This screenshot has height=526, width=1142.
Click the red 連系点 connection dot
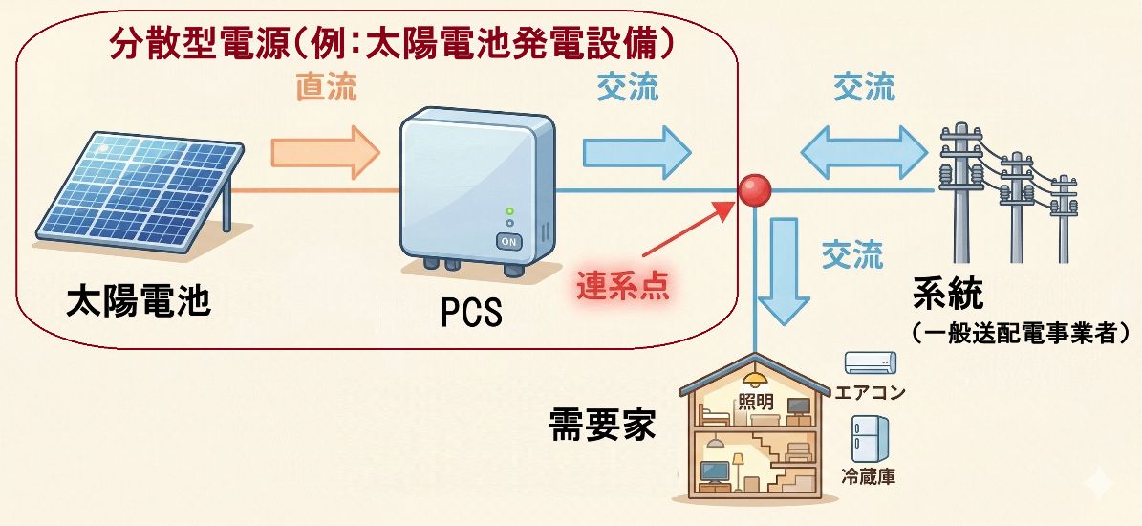coord(756,188)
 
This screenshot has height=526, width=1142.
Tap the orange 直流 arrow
coord(325,152)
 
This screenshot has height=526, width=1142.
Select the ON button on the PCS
coord(509,241)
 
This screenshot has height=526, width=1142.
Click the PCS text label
coord(472,312)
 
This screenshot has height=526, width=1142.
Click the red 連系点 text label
coord(622,285)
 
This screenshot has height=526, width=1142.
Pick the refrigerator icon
coord(871,439)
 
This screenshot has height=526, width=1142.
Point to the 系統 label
coord(947,294)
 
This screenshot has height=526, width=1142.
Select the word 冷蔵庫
coord(869,476)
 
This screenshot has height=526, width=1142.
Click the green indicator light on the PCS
coord(510,210)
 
